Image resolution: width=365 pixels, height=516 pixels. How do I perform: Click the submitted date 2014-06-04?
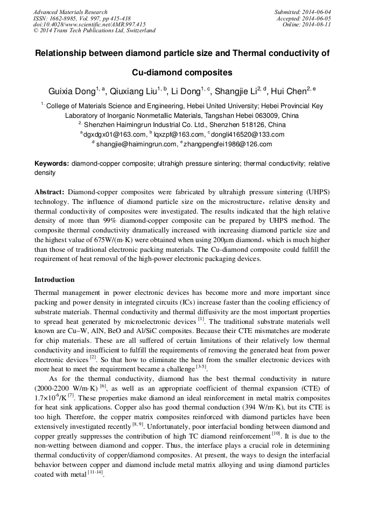(316, 12)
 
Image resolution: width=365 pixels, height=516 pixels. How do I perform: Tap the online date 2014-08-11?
(316, 24)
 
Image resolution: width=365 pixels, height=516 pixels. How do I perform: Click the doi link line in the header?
(89, 24)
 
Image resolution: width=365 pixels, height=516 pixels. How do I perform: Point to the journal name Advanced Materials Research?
(70, 12)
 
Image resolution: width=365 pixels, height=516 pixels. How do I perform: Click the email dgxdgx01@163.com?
(115, 135)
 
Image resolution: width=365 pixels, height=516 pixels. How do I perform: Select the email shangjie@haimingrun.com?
(136, 144)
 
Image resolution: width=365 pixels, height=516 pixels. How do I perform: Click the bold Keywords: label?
(52, 164)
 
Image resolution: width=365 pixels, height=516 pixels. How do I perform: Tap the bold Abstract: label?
(50, 192)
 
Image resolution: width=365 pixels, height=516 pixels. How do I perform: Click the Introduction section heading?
(54, 280)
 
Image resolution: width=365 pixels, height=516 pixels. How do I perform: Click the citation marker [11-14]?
(95, 474)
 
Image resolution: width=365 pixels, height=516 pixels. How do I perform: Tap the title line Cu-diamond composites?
(182, 72)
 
